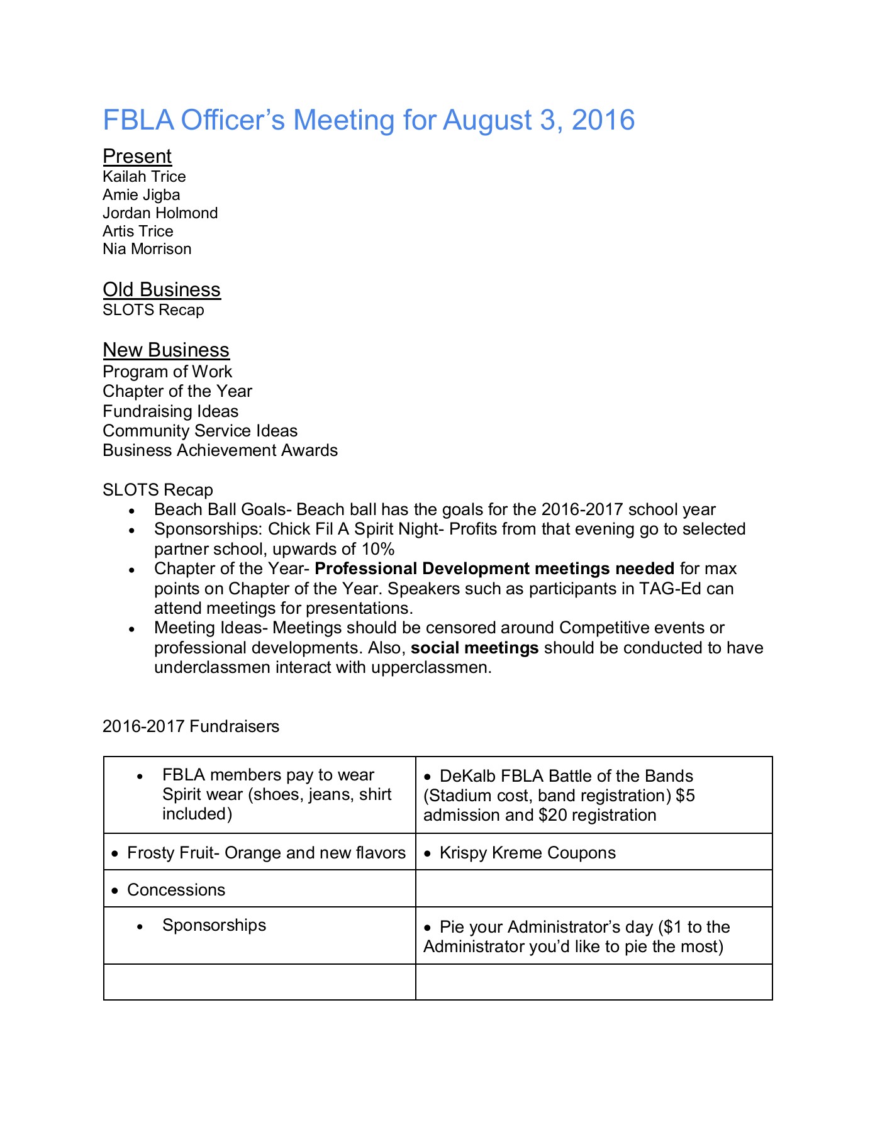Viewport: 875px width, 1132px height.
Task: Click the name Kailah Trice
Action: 144,177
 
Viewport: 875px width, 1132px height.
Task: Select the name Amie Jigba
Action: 141,195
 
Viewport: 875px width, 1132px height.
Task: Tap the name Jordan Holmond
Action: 160,213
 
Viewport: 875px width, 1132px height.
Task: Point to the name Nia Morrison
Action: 147,249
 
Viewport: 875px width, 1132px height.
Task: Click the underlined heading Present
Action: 137,156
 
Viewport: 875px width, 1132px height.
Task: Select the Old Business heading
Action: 162,289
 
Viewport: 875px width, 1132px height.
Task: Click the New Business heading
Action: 166,350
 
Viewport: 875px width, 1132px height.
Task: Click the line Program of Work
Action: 167,372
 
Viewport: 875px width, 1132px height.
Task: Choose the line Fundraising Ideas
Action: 170,411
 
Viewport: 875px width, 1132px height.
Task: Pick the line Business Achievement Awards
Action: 220,450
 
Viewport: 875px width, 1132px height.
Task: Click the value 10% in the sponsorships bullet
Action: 377,549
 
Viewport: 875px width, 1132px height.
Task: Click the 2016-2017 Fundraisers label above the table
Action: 191,726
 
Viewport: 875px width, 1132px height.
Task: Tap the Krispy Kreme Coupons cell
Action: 527,853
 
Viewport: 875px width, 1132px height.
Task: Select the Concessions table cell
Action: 176,890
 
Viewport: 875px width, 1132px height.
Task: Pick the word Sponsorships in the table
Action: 214,925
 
